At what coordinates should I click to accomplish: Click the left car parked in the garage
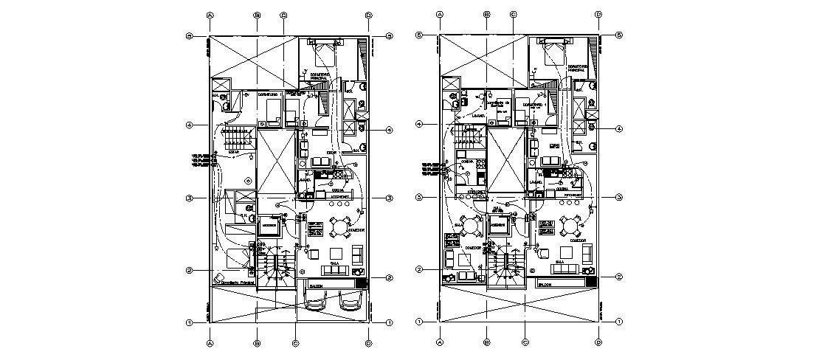click(317, 302)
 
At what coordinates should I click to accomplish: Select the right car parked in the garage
click(350, 302)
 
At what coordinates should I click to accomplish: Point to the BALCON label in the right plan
click(545, 283)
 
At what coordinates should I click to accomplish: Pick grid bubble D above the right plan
click(598, 14)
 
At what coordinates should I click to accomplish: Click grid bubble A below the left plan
click(210, 342)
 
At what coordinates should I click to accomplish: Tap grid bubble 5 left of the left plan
click(190, 35)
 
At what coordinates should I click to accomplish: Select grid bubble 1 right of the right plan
click(619, 322)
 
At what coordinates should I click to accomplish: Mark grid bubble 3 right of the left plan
click(389, 198)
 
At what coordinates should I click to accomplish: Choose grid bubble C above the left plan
click(283, 14)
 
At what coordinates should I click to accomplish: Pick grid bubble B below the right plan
click(486, 342)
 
